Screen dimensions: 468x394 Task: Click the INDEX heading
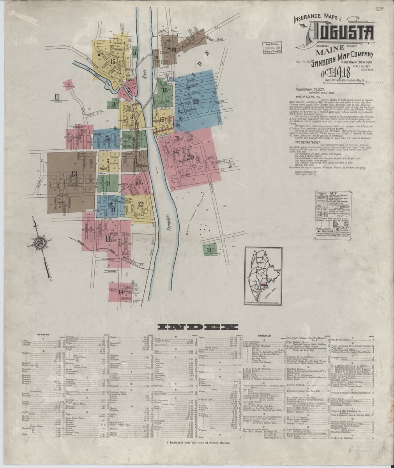[x=197, y=327]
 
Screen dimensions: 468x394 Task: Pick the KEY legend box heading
[x=334, y=193]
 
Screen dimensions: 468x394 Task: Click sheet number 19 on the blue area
[x=195, y=102]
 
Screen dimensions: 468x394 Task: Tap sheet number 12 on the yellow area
[x=140, y=204]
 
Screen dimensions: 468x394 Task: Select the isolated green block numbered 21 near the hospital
[x=210, y=249]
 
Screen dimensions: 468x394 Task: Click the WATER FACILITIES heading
[x=310, y=96]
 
